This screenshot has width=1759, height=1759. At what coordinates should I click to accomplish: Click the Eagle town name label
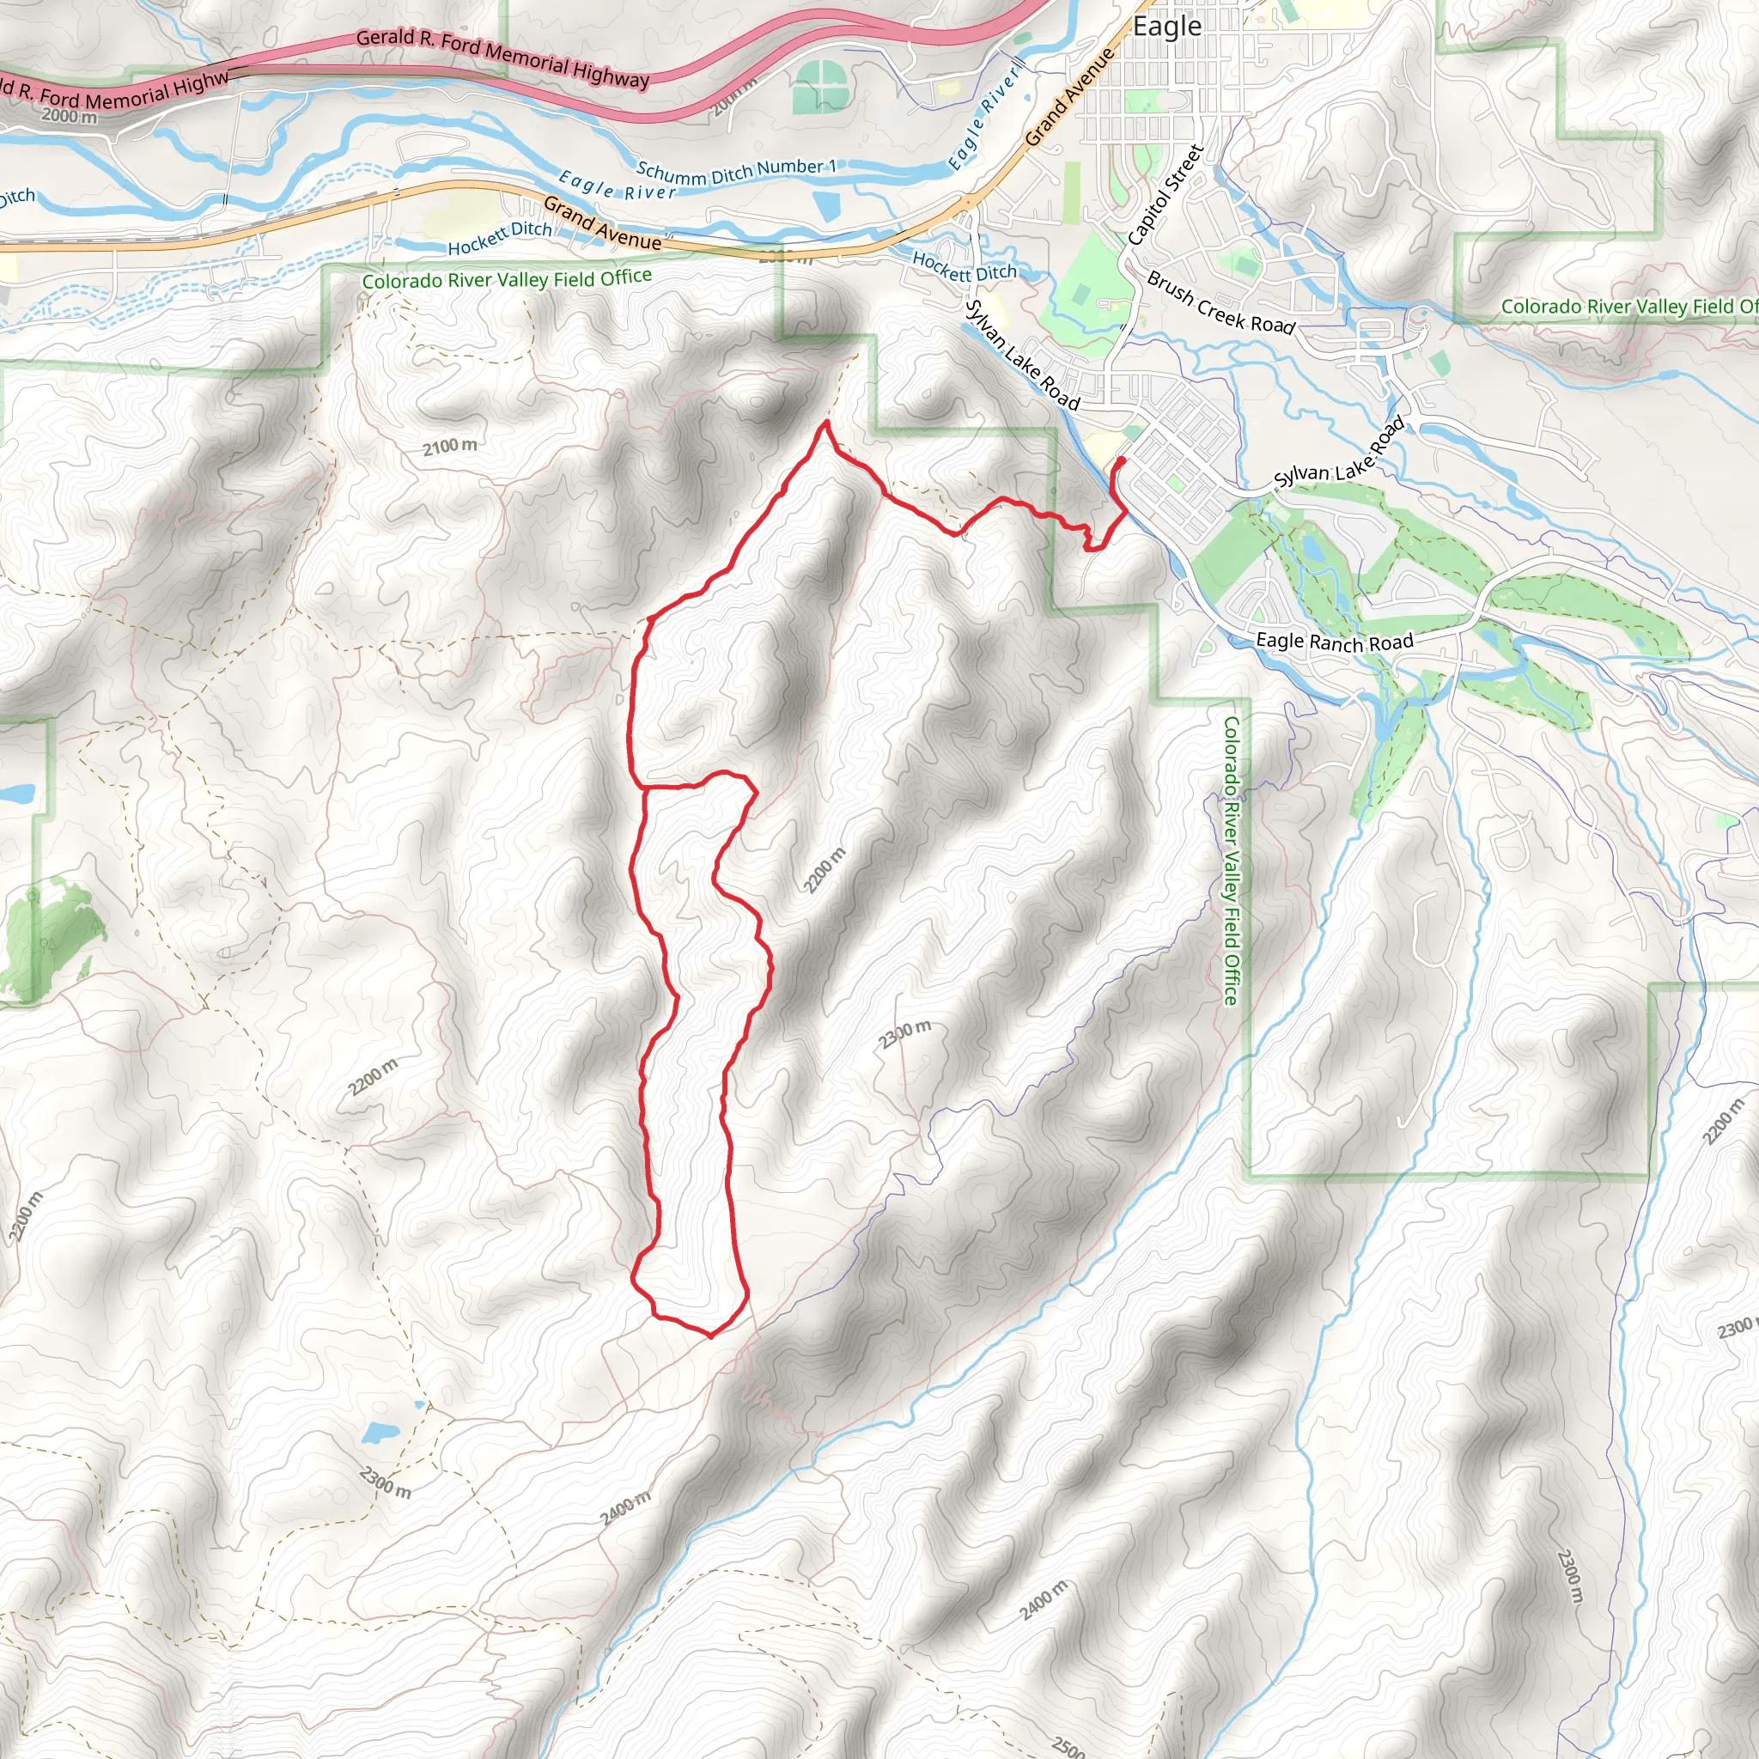coord(1166,27)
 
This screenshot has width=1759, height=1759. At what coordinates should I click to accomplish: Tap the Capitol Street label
coord(1166,195)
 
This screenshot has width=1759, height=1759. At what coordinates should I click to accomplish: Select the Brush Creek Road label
coord(1220,303)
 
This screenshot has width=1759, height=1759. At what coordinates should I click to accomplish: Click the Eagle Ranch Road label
coord(1334,642)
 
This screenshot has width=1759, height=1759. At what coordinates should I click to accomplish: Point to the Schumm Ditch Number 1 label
coord(736,170)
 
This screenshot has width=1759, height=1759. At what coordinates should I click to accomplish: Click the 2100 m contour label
coord(450,446)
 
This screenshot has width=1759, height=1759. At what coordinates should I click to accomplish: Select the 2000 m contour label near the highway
coord(70,117)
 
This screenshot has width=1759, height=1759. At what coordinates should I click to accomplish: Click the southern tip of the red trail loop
coord(711,1336)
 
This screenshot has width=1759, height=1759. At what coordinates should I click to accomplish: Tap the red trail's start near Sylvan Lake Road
coord(1121,460)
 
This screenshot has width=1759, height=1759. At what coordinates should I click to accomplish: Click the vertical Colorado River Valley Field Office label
coord(1231,861)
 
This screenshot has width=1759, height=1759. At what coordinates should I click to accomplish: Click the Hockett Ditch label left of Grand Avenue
coord(500,238)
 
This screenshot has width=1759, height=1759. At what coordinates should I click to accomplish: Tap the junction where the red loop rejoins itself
coord(645,785)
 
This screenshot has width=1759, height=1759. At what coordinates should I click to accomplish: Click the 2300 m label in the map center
coord(905,1033)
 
